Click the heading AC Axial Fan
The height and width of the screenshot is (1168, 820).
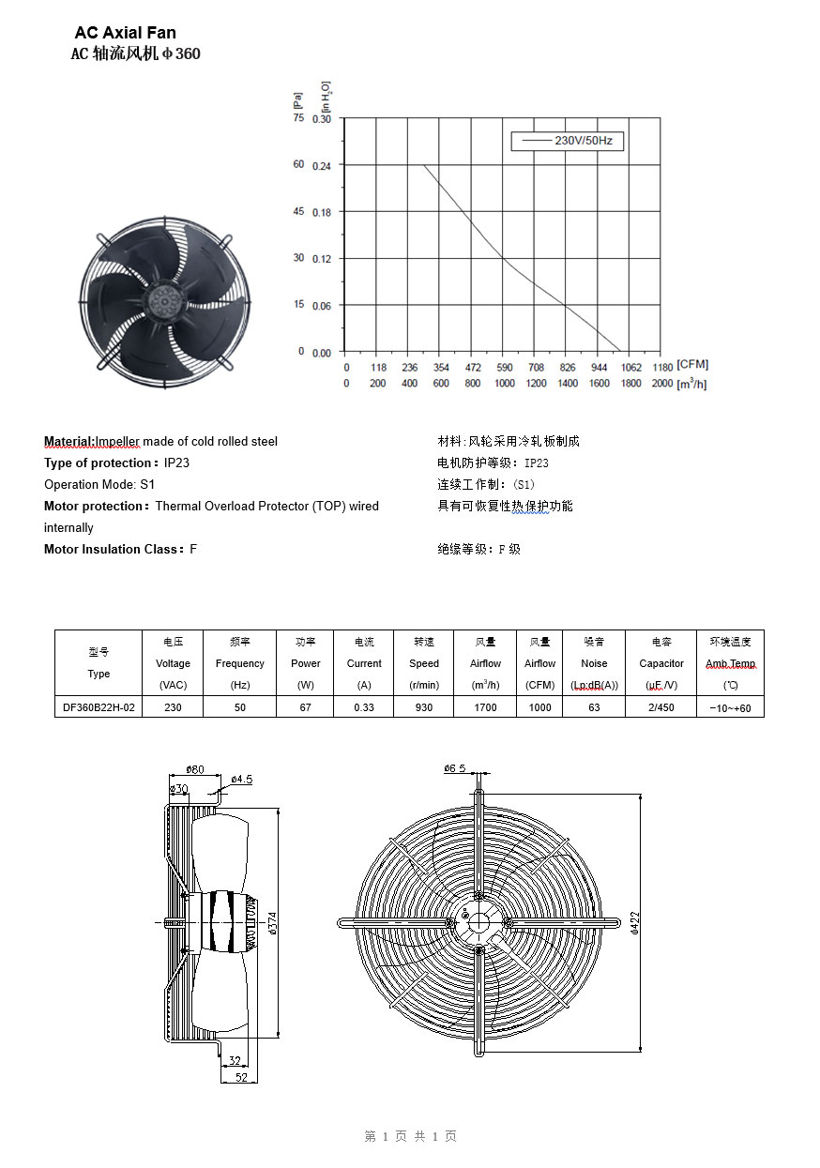point(125,33)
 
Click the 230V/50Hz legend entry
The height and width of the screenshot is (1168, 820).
point(568,141)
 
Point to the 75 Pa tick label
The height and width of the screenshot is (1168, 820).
point(298,118)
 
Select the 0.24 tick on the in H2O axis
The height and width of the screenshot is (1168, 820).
point(322,165)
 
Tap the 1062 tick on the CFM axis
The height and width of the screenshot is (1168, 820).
point(631,368)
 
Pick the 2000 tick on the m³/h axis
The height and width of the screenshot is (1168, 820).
point(661,384)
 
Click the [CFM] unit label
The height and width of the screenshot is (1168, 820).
point(692,364)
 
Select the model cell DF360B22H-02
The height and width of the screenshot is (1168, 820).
point(99,707)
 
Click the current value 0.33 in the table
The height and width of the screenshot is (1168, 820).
point(364,707)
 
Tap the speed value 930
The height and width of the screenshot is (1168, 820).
point(424,707)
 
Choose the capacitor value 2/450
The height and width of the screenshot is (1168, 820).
point(661,707)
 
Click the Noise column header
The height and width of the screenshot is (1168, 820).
point(594,663)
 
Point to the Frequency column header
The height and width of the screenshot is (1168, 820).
point(240,663)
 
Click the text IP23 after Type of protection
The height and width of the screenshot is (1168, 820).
point(177,463)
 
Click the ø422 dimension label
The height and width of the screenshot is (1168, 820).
point(635,923)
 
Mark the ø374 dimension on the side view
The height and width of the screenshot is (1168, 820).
point(273,923)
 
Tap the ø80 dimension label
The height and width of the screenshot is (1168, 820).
point(195,770)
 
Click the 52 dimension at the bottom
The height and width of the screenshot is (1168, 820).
point(241,1078)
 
